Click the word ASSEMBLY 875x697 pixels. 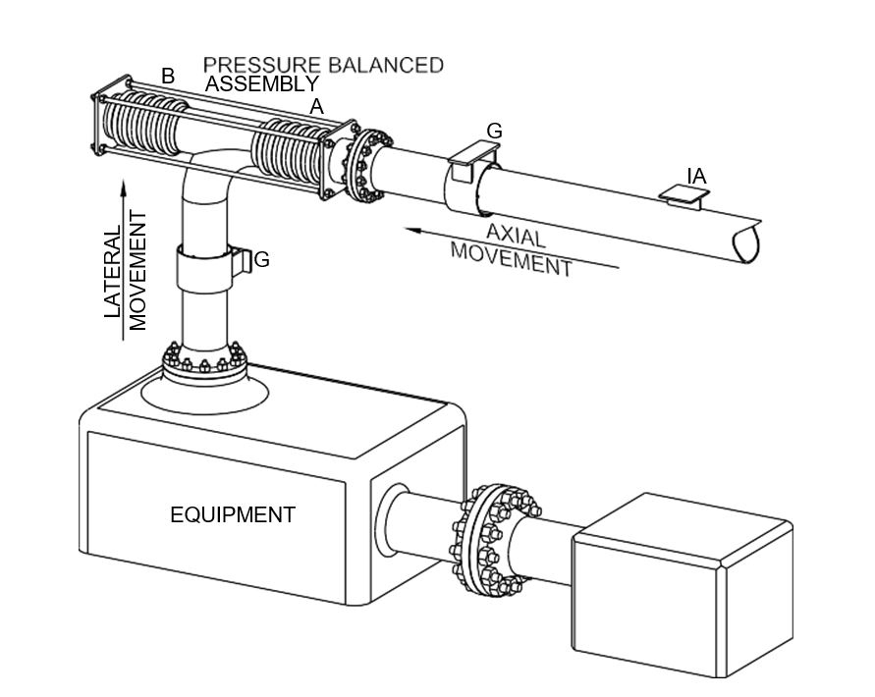(x=261, y=84)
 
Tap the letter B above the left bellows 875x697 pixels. (x=168, y=76)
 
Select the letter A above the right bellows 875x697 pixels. (x=316, y=107)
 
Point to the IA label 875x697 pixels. (x=696, y=176)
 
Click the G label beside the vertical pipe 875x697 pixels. (x=261, y=260)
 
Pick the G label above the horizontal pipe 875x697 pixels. (x=495, y=131)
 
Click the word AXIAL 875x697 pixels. (x=516, y=236)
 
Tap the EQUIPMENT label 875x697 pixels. (x=233, y=513)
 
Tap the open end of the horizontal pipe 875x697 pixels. (x=747, y=240)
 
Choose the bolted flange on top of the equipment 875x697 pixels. (x=203, y=365)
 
